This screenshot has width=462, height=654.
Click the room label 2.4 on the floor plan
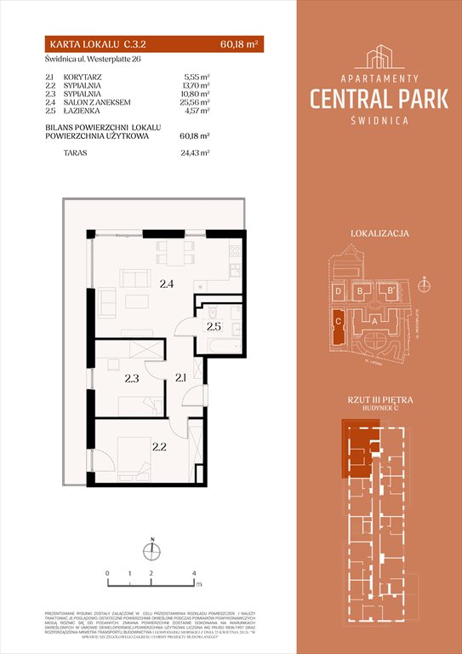166,284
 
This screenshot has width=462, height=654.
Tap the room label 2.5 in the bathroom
213,326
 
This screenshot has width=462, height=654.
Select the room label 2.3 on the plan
131,379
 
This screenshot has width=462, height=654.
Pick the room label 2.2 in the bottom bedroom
158,445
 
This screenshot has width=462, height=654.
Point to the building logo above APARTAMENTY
380,57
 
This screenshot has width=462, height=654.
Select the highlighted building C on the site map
339,324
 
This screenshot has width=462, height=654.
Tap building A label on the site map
375,321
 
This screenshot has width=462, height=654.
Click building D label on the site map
339,291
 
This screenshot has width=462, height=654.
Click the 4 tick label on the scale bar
195,573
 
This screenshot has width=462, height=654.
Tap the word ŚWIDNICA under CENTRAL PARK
380,121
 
